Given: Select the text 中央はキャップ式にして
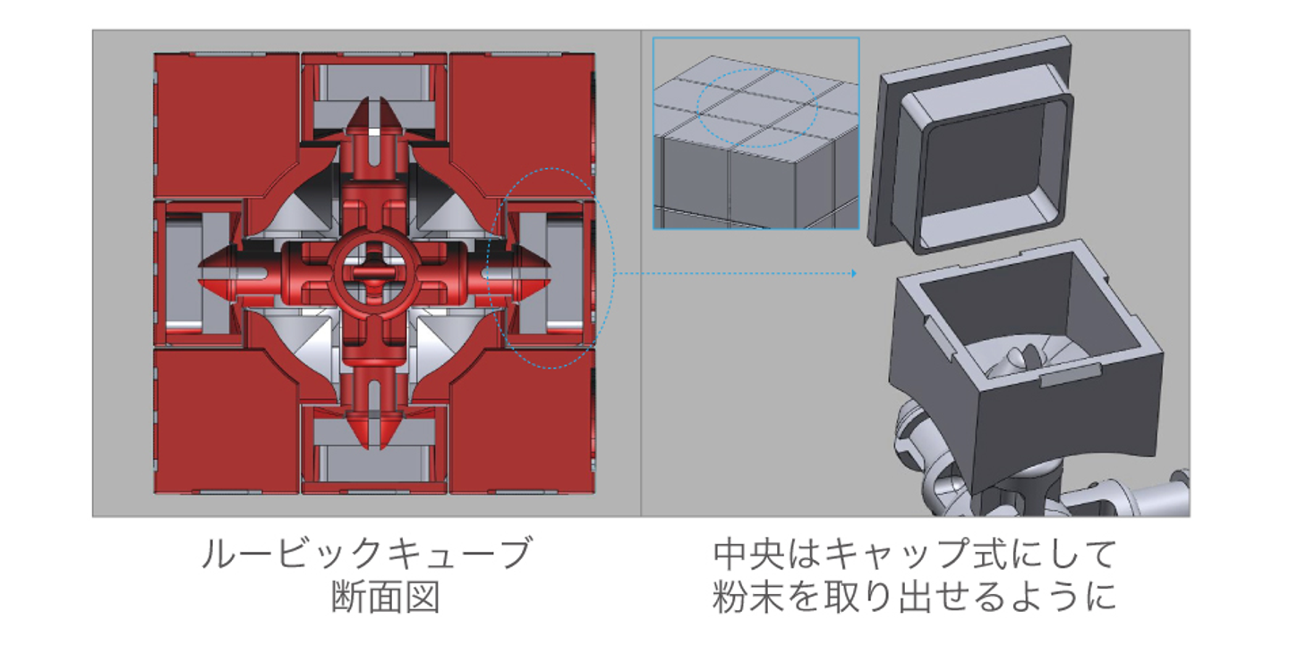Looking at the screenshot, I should point(915,556).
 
